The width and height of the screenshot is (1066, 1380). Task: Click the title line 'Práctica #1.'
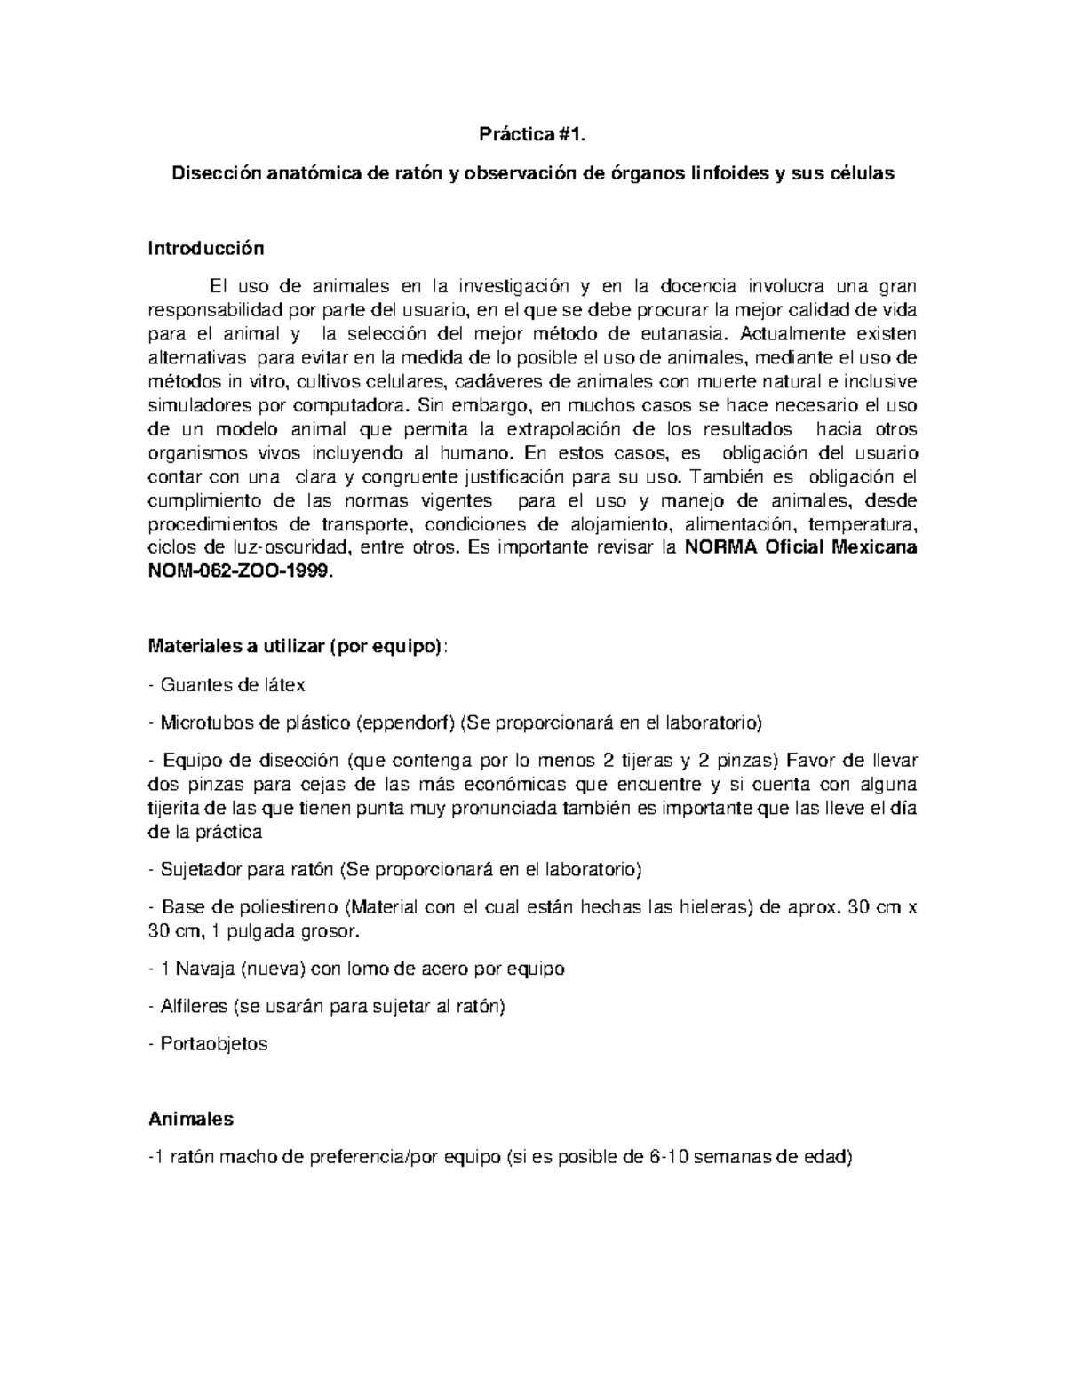click(533, 135)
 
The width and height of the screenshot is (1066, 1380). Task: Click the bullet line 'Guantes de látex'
click(231, 685)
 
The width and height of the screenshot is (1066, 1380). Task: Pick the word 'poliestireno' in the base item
click(289, 907)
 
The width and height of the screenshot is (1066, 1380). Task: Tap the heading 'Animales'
click(190, 1119)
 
